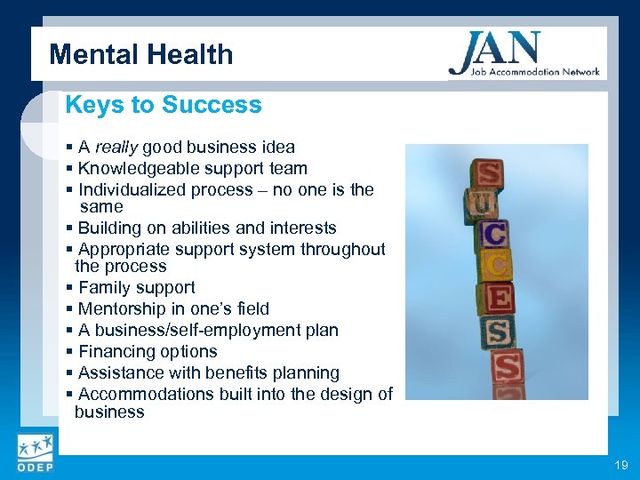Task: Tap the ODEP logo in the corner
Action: click(35, 453)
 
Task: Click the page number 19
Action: click(620, 466)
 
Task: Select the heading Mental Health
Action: click(141, 55)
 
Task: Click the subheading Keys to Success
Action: click(164, 105)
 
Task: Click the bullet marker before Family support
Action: click(69, 288)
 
